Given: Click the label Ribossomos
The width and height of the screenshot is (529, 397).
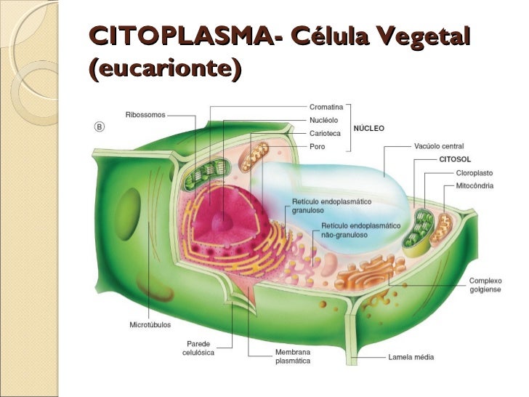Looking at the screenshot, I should coord(145,114).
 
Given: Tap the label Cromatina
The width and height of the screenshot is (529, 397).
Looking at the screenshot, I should coord(326,108).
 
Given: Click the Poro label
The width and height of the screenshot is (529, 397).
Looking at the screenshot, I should coord(317,146).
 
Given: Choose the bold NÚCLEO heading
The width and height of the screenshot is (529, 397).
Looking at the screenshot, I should coord(369,128).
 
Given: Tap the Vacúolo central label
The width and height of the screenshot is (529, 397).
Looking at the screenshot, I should coord(439,147).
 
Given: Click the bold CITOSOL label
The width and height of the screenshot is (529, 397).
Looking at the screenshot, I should coord(456,159).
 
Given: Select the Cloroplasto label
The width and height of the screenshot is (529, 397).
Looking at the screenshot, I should coord(474,173).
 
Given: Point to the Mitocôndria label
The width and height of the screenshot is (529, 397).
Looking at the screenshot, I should coord(475,186).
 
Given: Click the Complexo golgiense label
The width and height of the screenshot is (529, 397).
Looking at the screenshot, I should coord(485,285).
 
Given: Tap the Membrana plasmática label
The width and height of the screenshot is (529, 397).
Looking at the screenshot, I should coord(293,356).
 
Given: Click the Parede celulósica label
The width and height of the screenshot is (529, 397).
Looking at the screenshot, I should coord(197,348).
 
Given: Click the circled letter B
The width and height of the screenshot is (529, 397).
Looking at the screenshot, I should coord(100,126).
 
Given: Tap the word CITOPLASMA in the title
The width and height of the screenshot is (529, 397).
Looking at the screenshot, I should coord(180,36).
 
